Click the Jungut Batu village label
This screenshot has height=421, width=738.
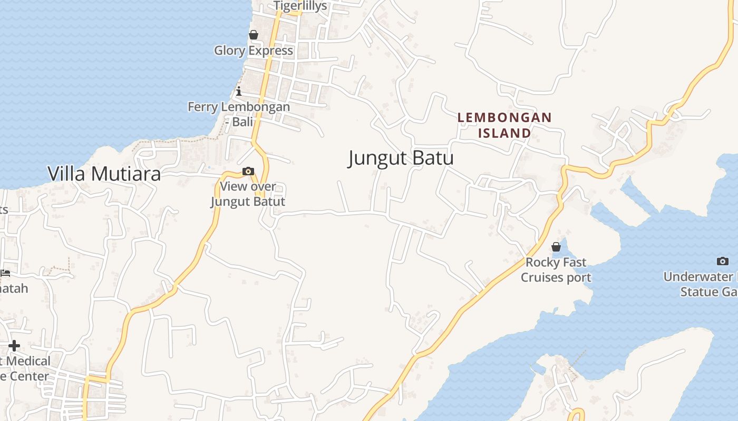pyautogui.click(x=401, y=158)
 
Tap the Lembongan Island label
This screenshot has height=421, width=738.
pyautogui.click(x=504, y=125)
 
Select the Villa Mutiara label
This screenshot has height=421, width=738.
pyautogui.click(x=104, y=174)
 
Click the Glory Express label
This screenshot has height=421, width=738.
pyautogui.click(x=254, y=51)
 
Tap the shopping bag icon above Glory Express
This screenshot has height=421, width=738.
pyautogui.click(x=254, y=35)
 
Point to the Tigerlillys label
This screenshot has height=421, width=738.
pyautogui.click(x=300, y=6)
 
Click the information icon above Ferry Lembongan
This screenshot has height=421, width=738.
pyautogui.click(x=239, y=91)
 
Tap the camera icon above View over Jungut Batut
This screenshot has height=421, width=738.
pyautogui.click(x=248, y=171)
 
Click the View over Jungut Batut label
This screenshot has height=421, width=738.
pyautogui.click(x=248, y=194)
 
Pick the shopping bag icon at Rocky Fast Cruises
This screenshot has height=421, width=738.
pyautogui.click(x=556, y=246)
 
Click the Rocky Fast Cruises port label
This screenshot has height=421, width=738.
pyautogui.click(x=556, y=269)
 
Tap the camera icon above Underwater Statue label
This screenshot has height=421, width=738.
pyautogui.click(x=723, y=261)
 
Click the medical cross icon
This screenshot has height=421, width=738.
pyautogui.click(x=14, y=346)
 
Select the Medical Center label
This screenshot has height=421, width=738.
pyautogui.click(x=26, y=368)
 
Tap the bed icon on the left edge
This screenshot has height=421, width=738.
pyautogui.click(x=5, y=273)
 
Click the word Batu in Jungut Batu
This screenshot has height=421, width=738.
pyautogui.click(x=432, y=158)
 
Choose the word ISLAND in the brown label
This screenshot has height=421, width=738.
pyautogui.click(x=504, y=133)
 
